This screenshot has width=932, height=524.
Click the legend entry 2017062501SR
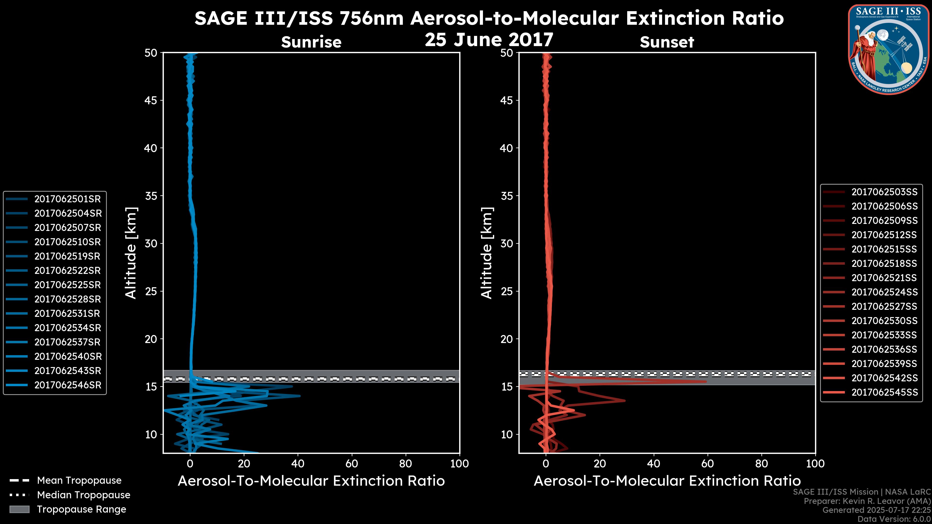67,199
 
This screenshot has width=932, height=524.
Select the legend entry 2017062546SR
67,385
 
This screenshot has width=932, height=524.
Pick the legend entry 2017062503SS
884,192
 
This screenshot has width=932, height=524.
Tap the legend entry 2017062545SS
884,392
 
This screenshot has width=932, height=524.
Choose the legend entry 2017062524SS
884,292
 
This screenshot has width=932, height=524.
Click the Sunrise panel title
311,42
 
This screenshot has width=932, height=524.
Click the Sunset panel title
667,42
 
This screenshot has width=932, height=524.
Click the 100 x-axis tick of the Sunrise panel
459,464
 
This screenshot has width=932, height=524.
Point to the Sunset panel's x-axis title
667,481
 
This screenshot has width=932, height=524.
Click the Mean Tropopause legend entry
79,481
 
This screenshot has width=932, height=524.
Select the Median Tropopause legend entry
83,495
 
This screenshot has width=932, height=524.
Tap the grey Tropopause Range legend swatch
19,509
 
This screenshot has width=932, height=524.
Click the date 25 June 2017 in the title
489,40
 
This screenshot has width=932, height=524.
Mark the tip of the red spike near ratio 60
706,382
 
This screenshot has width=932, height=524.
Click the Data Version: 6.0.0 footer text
894,519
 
